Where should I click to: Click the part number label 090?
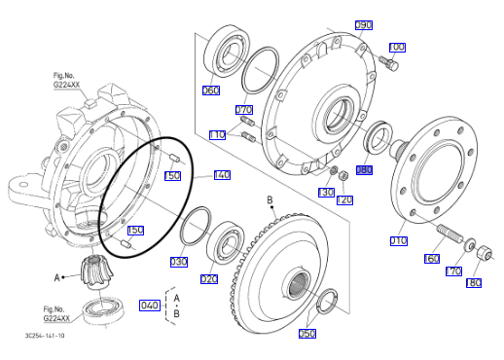(x=364, y=25)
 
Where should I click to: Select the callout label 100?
(x=397, y=48)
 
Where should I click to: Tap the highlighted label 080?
(x=364, y=170)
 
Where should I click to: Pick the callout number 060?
(x=211, y=90)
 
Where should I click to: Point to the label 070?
(x=244, y=110)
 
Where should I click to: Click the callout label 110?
(x=217, y=135)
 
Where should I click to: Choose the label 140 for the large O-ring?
(x=222, y=175)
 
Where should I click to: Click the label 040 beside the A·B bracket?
(x=150, y=306)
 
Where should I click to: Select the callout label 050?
(x=307, y=334)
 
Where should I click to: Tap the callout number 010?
(x=398, y=241)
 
